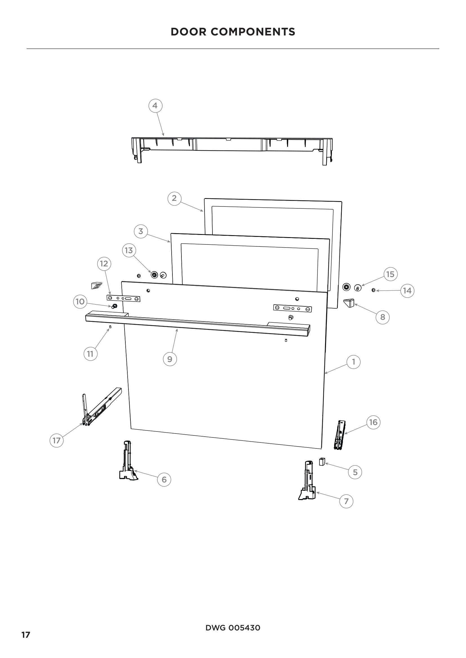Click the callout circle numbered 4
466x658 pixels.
point(155,106)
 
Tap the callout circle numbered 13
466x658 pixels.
point(129,250)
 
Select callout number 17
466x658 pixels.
point(57,440)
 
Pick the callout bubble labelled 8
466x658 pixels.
point(383,317)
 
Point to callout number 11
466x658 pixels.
point(90,354)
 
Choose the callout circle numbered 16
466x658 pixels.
point(373,422)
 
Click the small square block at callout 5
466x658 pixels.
point(322,462)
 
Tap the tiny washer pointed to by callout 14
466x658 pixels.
point(373,290)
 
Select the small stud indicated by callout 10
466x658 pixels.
point(114,306)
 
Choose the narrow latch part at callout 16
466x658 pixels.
point(340,435)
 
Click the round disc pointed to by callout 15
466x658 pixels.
point(358,288)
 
